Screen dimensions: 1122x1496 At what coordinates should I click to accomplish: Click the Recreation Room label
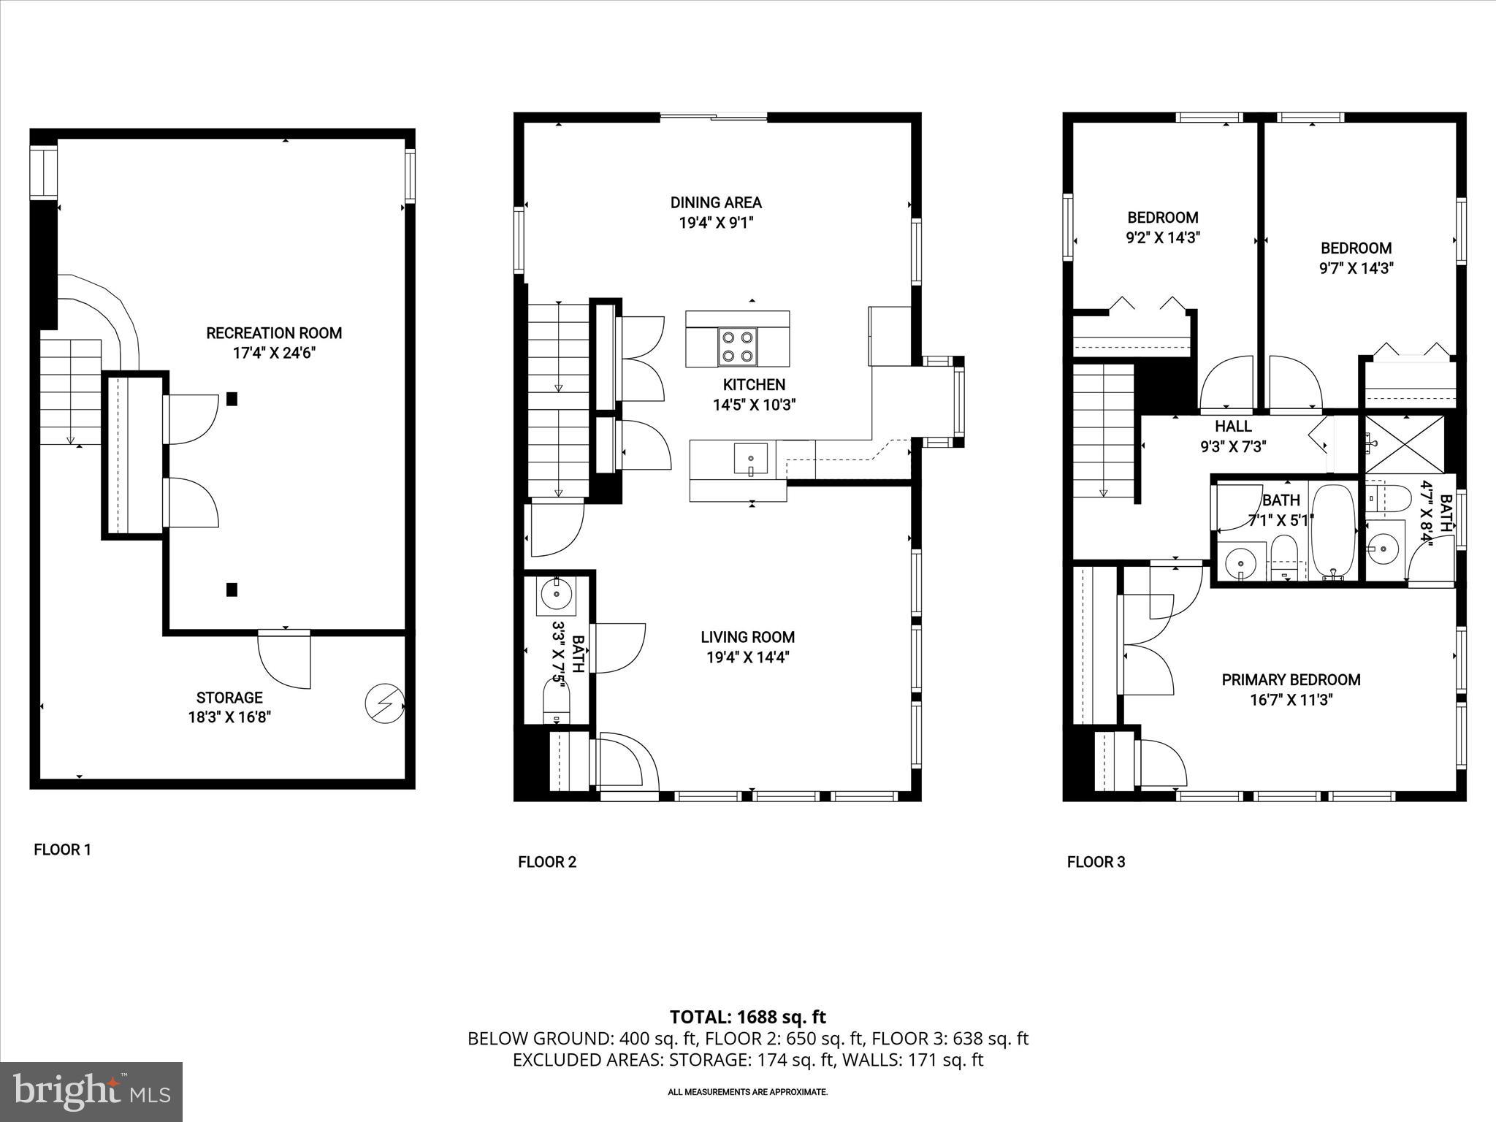click(x=274, y=333)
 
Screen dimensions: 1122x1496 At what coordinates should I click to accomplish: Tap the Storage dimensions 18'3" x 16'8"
click(x=229, y=717)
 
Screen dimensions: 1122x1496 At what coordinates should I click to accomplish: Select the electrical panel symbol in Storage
click(x=384, y=703)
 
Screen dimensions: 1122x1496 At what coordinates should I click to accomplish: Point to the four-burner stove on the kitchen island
click(x=737, y=347)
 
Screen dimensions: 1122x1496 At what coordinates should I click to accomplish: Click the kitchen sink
click(x=750, y=459)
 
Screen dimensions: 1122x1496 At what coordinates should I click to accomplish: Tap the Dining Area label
click(x=716, y=202)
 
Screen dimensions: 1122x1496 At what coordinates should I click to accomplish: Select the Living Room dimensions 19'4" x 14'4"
click(x=747, y=657)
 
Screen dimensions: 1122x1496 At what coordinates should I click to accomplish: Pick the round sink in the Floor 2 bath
click(x=557, y=593)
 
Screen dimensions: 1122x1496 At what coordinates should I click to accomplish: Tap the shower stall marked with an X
click(x=1403, y=444)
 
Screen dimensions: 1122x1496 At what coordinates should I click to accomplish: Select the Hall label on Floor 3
click(x=1233, y=426)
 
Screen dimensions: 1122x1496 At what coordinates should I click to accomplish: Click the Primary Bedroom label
click(x=1291, y=680)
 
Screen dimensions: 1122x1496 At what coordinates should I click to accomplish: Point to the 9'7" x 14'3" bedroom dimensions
click(x=1356, y=268)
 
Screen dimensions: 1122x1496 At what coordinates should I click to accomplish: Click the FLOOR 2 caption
click(x=547, y=862)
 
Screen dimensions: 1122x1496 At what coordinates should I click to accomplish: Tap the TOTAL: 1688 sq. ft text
click(x=747, y=1017)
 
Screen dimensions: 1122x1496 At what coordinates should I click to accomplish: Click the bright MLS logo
click(x=92, y=1092)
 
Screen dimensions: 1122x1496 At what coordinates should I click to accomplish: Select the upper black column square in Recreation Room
click(x=232, y=399)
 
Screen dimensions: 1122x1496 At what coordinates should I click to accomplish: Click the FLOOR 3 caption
click(x=1096, y=862)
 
